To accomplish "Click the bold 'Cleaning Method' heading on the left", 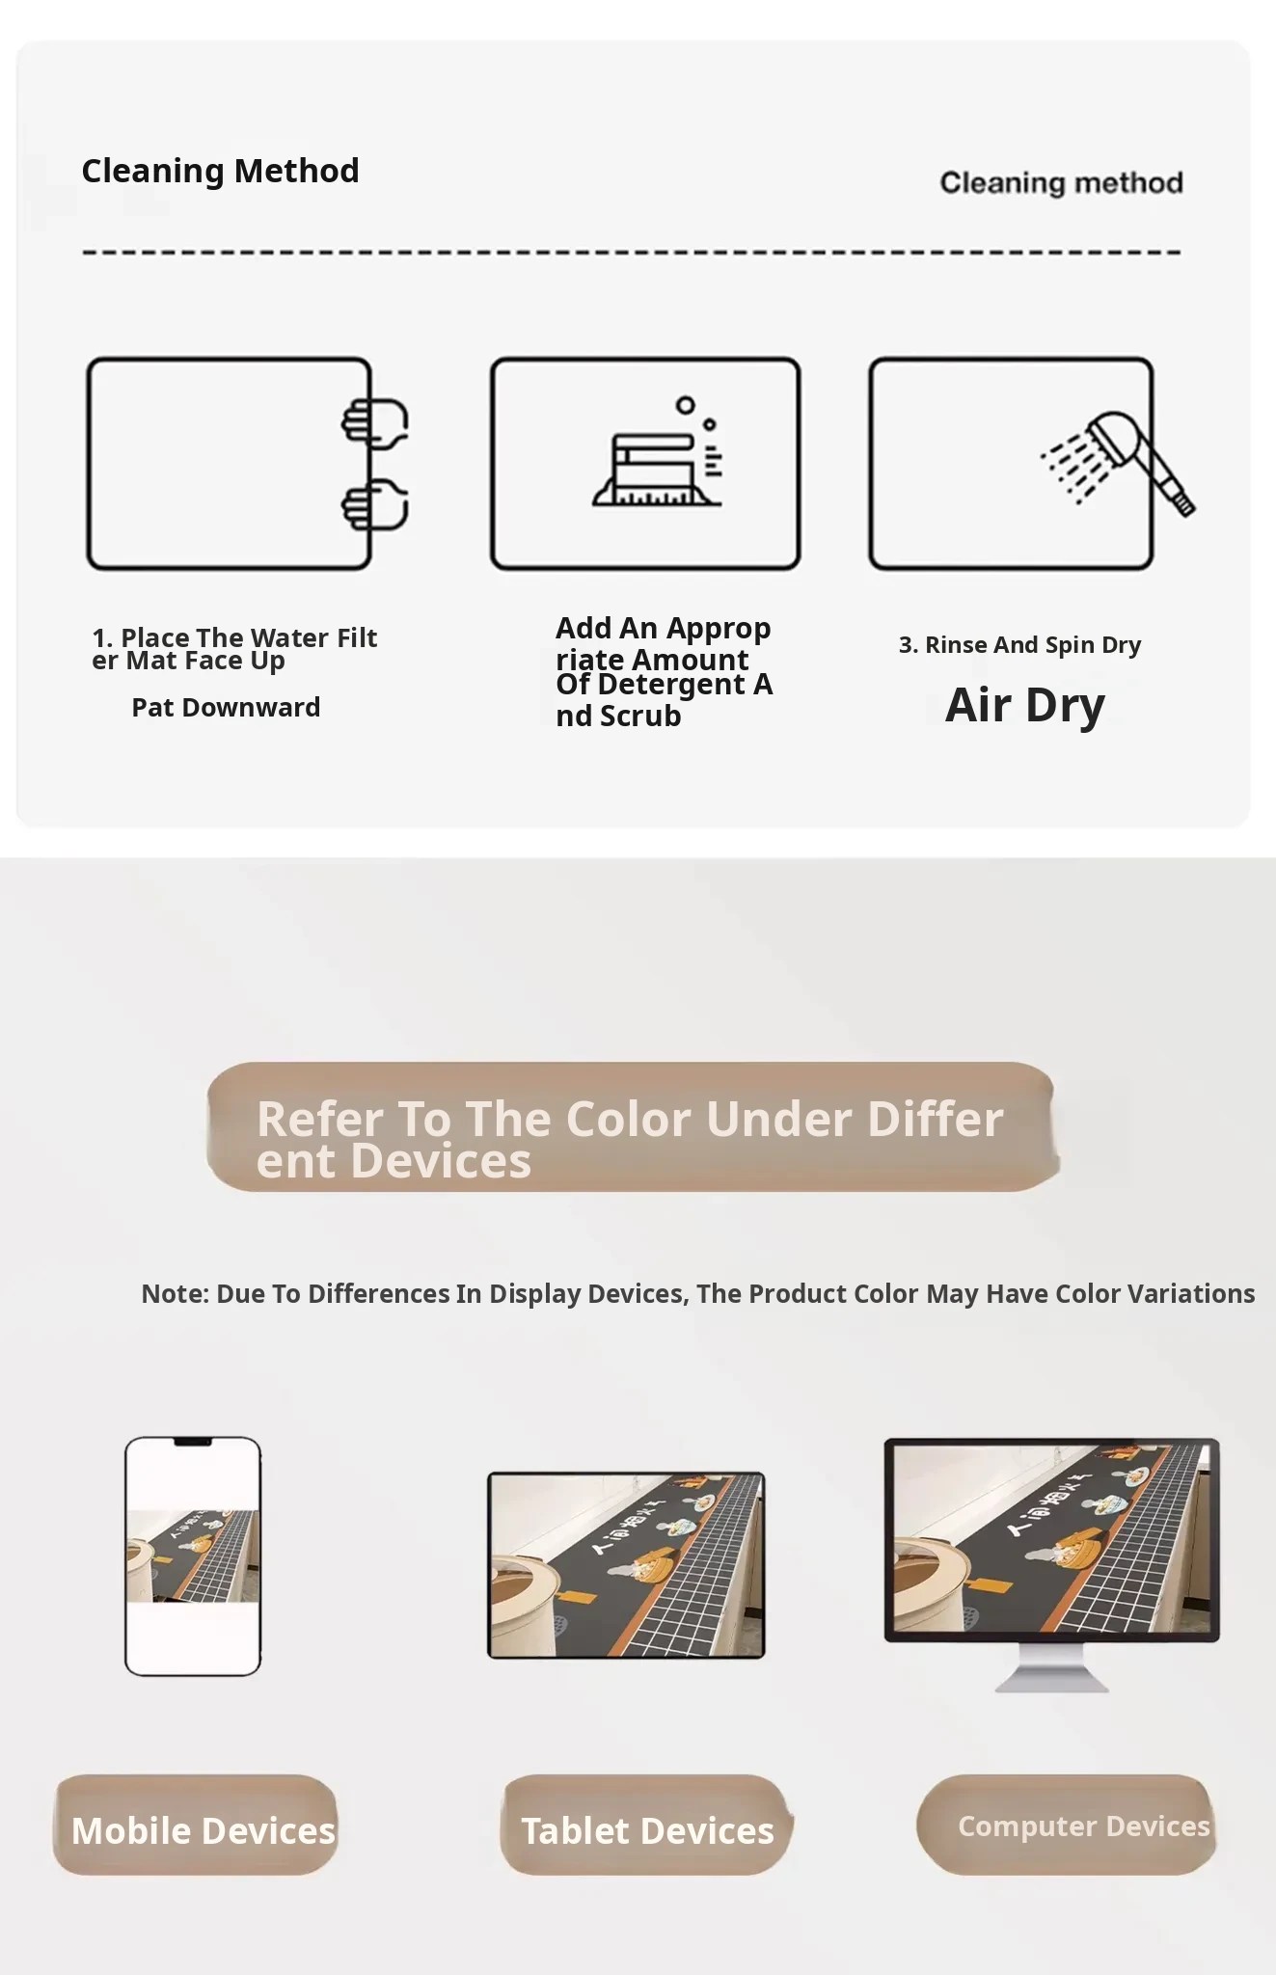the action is (x=220, y=171).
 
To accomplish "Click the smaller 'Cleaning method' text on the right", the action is (x=1061, y=182).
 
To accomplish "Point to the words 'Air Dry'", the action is (x=1024, y=705).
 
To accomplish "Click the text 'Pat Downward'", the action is (x=226, y=707).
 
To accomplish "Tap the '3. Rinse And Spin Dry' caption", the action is (x=1019, y=644).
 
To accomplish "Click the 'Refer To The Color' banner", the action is (x=633, y=1127).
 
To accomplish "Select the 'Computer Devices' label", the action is (x=1066, y=1825).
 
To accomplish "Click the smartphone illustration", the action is (x=193, y=1556).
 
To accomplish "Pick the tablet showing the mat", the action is (x=626, y=1565).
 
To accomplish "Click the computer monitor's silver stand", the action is (x=1052, y=1667).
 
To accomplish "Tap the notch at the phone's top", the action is (x=193, y=1442).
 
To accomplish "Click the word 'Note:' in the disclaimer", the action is (x=176, y=1293).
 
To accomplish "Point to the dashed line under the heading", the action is (x=632, y=253).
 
